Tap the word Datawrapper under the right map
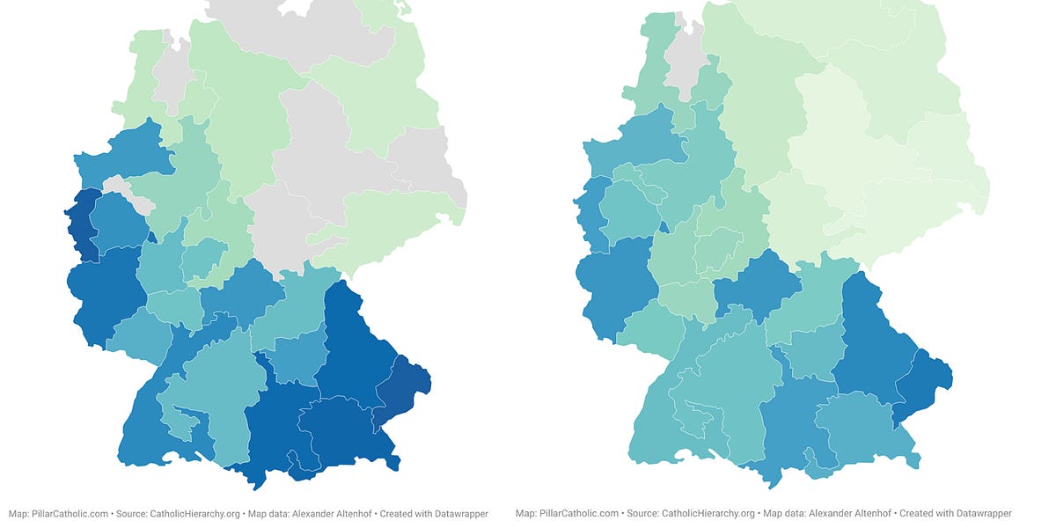tap(983, 513)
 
